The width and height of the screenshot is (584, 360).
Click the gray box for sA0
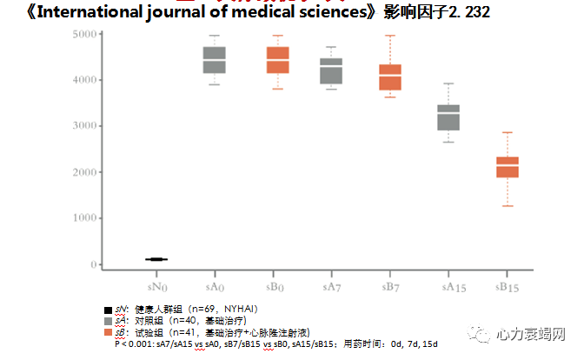[x=215, y=60]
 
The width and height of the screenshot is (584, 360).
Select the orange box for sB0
[x=277, y=60]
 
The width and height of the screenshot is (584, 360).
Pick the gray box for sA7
[x=331, y=71]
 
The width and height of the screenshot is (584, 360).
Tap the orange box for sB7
[x=390, y=77]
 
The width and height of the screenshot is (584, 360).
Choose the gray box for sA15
[x=448, y=117]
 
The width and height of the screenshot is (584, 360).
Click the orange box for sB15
[x=508, y=167]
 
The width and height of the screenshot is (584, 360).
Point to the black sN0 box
[x=156, y=259]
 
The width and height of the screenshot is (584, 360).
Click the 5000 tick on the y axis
[x=85, y=35]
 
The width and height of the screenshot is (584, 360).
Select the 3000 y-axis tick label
[x=85, y=126]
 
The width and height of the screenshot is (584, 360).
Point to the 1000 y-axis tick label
[x=85, y=218]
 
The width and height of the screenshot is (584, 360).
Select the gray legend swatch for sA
[x=108, y=322]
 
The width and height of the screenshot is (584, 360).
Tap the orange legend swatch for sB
[x=108, y=333]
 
